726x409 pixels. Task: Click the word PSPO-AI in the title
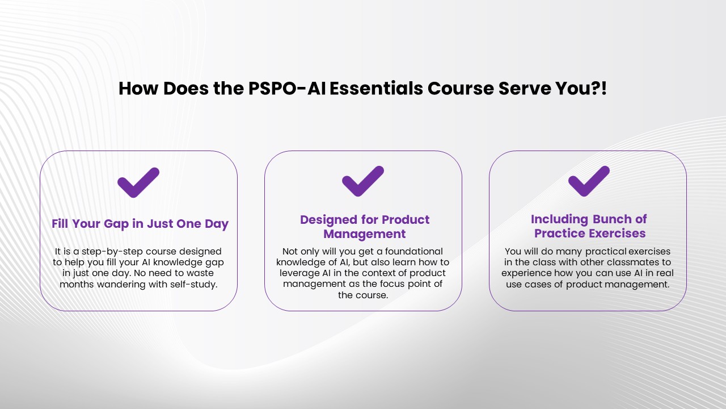(x=287, y=88)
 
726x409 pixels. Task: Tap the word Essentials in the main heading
(x=376, y=88)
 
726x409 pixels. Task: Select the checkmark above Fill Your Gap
(x=138, y=182)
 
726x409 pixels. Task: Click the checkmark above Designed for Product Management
(x=363, y=181)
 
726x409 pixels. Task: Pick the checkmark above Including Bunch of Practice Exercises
(x=589, y=181)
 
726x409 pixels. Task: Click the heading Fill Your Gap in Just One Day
(x=140, y=224)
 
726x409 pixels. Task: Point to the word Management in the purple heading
(x=364, y=233)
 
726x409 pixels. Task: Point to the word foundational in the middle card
(x=413, y=252)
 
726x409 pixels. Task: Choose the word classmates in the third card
(x=633, y=262)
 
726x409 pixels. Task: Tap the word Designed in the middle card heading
(x=329, y=220)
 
